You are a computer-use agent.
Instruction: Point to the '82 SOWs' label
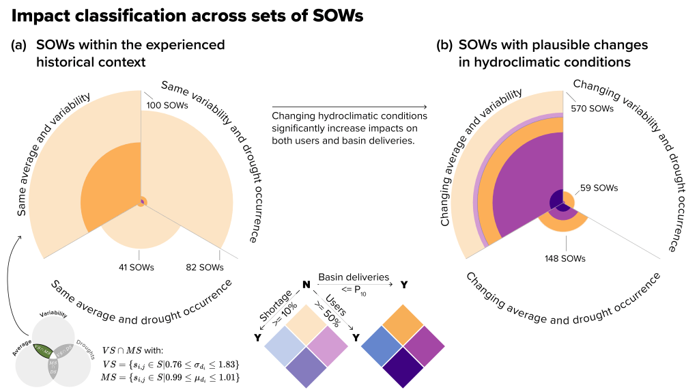point(204,267)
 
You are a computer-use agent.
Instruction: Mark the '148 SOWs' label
point(567,259)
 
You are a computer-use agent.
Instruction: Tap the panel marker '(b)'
point(444,46)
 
